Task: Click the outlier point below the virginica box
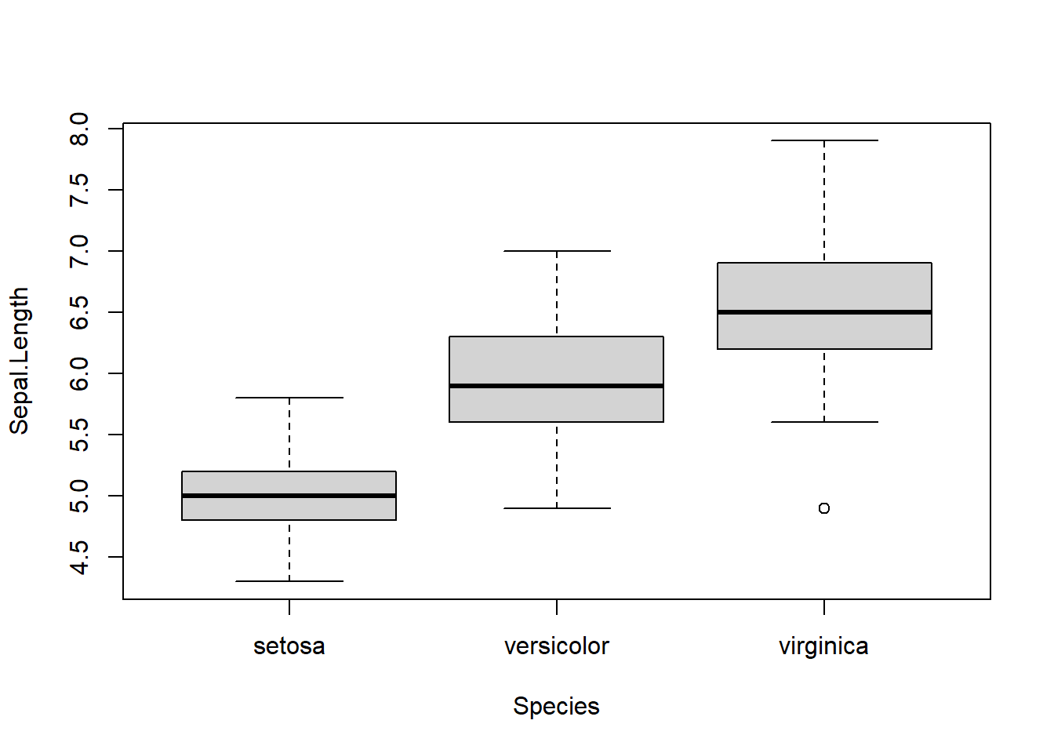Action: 823,508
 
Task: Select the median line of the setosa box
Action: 289,496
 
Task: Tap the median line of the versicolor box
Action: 556,386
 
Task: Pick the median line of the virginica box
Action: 824,312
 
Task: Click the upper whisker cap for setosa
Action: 289,398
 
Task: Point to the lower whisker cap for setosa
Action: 289,581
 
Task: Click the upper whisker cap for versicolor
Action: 557,251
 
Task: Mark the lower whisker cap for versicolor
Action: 557,508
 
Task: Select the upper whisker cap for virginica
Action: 824,140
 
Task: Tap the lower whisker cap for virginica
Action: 824,422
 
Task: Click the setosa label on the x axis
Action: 289,646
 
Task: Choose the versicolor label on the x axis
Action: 556,646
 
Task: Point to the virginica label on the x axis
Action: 823,646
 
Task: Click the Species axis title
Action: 556,706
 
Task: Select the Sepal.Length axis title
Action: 19,361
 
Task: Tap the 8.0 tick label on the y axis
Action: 79,129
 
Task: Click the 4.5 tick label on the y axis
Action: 79,557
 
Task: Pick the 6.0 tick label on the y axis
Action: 79,373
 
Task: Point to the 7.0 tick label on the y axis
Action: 79,251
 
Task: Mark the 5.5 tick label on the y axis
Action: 79,435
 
